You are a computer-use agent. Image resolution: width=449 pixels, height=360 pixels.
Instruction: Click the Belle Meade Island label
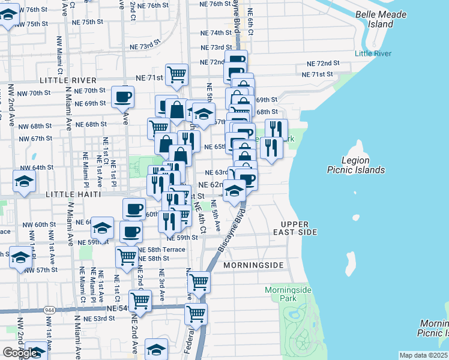tap(382, 19)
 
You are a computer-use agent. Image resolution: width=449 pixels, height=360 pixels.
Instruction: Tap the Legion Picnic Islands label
tap(355, 165)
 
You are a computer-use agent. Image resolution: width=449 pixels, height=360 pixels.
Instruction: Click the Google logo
tap(20, 353)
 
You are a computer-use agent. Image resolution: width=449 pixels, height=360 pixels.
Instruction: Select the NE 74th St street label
tap(217, 32)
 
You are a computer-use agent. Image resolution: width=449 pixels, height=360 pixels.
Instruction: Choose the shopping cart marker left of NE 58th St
tap(127, 256)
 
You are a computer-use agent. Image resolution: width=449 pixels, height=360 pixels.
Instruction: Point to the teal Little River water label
tap(373, 53)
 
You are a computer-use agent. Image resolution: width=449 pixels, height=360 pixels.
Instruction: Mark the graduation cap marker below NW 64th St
tap(24, 181)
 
